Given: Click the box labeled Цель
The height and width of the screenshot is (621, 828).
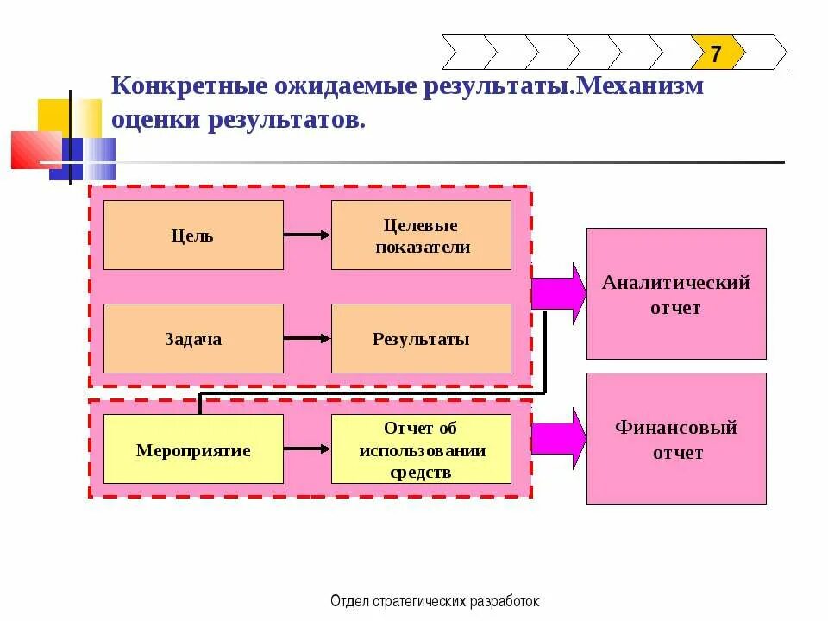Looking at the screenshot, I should click(193, 235).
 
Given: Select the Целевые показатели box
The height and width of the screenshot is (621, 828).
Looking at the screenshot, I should click(422, 235).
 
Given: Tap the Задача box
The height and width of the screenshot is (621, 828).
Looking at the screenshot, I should click(193, 339).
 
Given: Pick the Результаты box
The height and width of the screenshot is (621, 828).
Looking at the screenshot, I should click(422, 339).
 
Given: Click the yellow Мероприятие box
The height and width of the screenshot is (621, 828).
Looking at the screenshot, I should click(193, 449).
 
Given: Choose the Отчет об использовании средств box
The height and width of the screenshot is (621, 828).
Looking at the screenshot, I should click(422, 449).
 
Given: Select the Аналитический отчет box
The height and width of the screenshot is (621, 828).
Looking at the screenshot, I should click(676, 293).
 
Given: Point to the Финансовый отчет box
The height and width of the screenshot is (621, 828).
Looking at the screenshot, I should click(676, 438).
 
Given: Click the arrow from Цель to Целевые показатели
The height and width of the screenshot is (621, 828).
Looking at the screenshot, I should click(307, 235).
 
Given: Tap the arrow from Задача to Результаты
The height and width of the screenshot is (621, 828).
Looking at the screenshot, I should click(307, 339).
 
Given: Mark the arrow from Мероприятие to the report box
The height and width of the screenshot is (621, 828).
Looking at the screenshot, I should click(307, 449).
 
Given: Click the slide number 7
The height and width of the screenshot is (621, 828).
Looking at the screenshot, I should click(716, 53).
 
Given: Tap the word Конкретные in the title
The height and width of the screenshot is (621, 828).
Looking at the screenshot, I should click(177, 88).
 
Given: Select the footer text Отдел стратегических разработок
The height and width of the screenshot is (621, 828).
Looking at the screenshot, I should click(434, 601).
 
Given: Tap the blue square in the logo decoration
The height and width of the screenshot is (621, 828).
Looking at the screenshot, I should click(82, 159).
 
